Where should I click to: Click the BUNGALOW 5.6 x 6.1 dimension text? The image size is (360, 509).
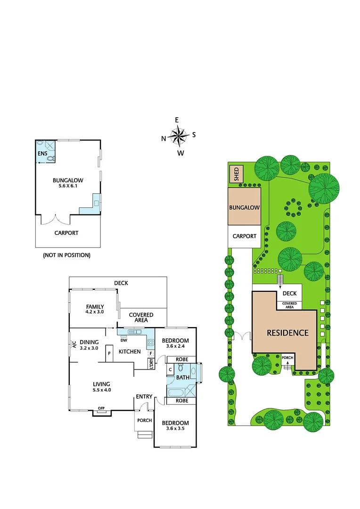[x=68, y=186]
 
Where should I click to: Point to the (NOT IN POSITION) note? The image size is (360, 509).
[x=66, y=255]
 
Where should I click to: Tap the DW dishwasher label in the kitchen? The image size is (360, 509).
[x=124, y=340]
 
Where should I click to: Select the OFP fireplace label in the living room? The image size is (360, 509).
[x=101, y=408]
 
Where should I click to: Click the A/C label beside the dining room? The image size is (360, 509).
[x=74, y=344]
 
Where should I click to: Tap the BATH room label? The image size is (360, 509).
[x=183, y=378]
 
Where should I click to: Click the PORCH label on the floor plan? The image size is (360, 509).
[x=144, y=420]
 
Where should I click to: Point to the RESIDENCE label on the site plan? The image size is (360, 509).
[x=287, y=332]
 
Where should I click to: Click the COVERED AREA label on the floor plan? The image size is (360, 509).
[x=141, y=317]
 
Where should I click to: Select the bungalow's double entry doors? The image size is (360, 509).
[x=56, y=220]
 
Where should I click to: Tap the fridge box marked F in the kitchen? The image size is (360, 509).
[x=151, y=353]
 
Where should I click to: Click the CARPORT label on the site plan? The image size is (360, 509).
[x=245, y=236]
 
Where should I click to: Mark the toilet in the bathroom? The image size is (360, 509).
[x=180, y=368]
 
